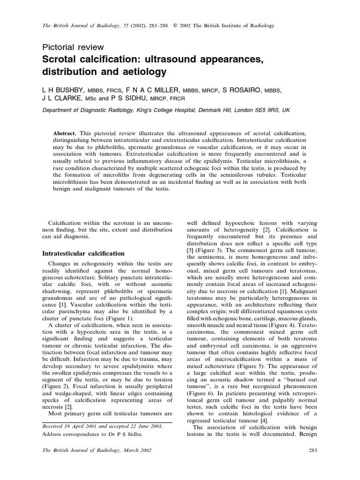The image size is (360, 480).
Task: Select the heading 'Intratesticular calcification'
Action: coord(83,253)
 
